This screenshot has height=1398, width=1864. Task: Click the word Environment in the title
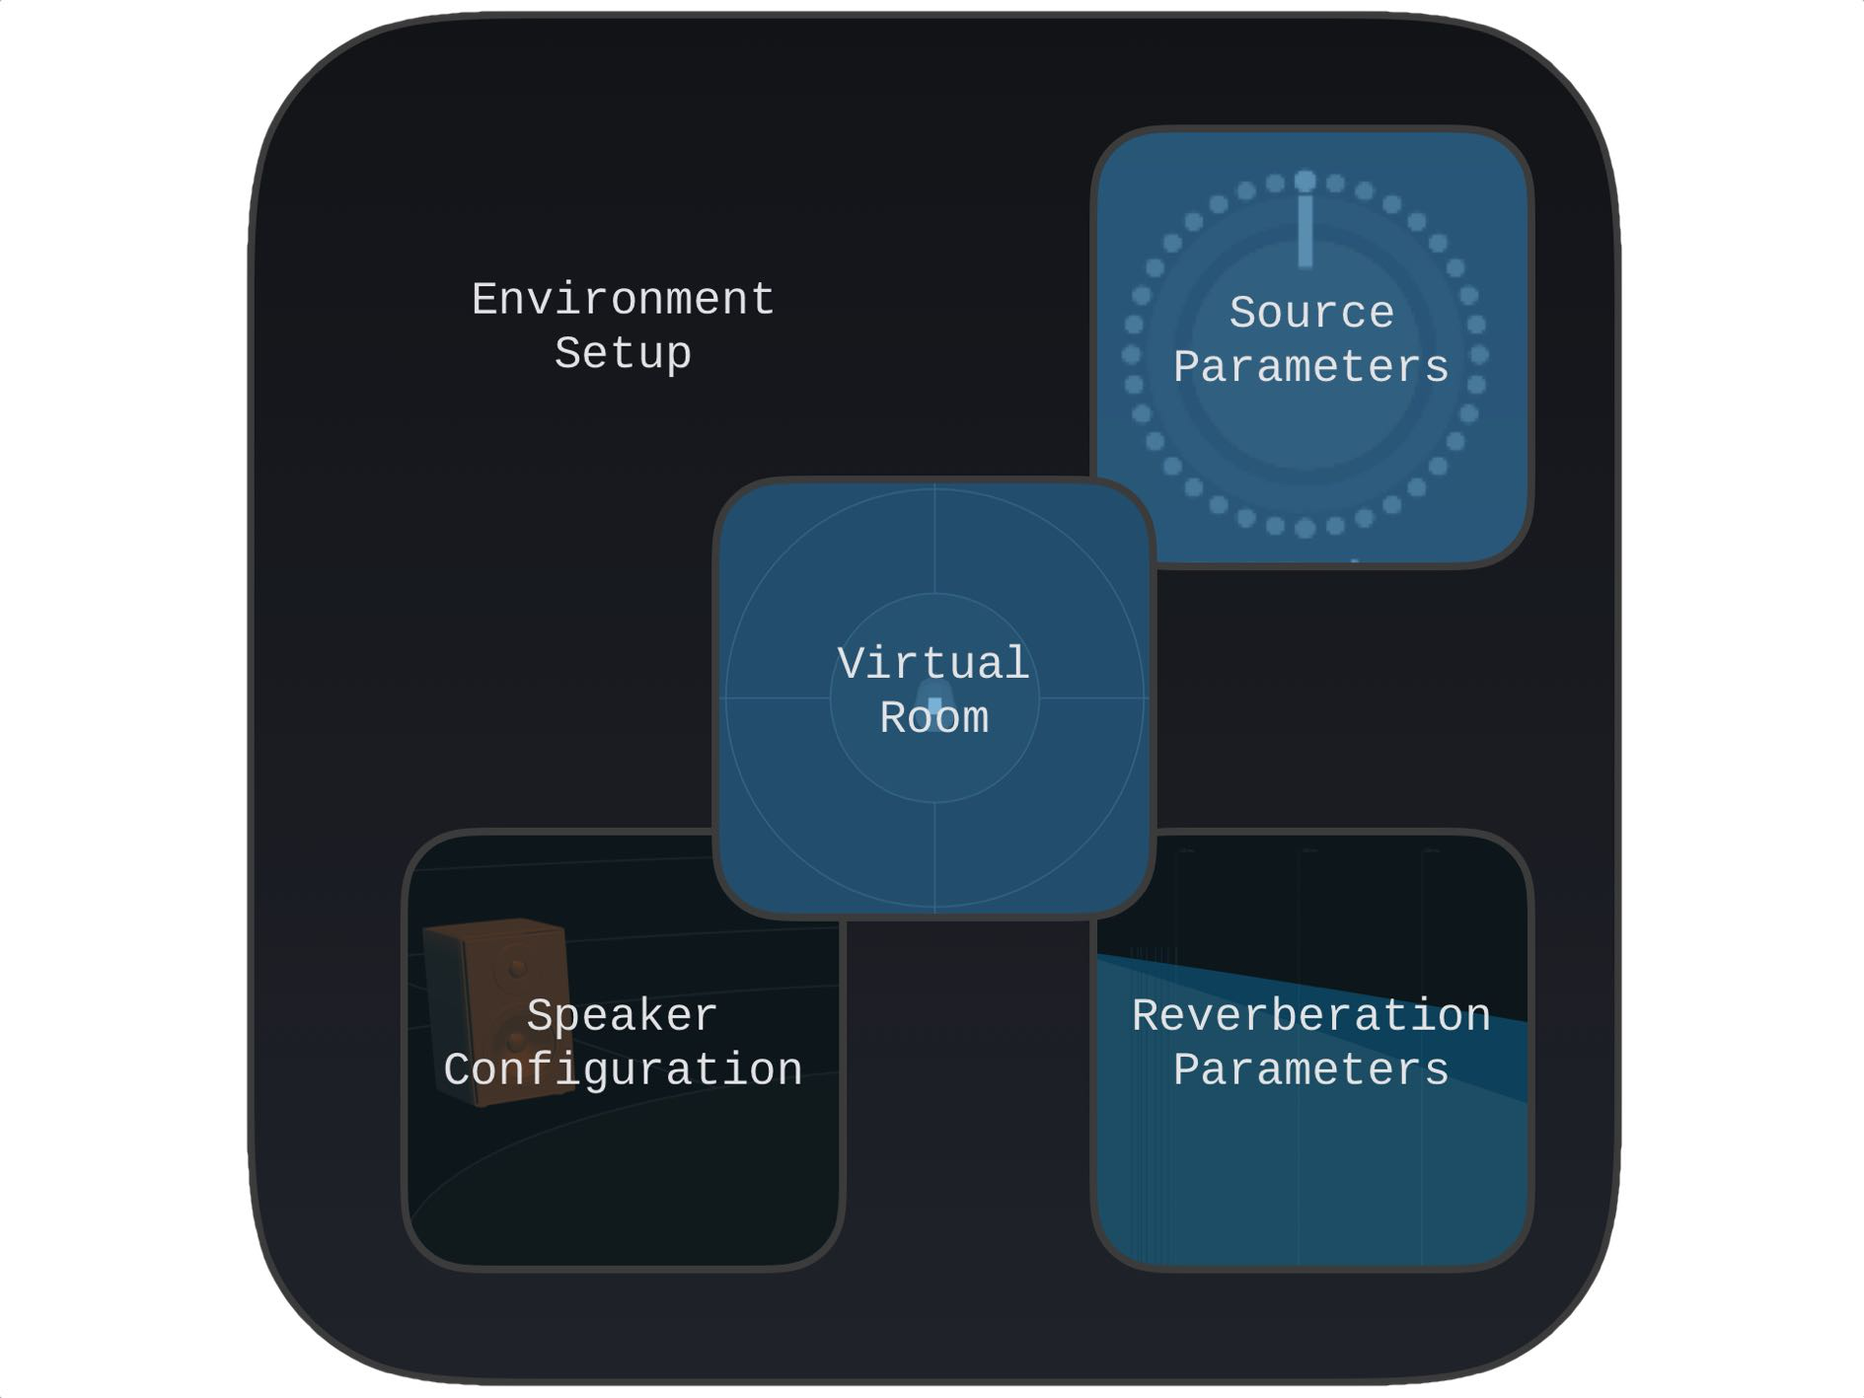click(x=623, y=299)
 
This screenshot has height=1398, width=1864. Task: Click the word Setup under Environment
click(x=623, y=353)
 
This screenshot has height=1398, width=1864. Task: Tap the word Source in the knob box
click(x=1311, y=313)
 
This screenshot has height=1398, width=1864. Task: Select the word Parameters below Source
click(x=1311, y=367)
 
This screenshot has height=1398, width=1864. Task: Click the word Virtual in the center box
click(x=933, y=663)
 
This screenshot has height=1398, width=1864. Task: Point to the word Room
click(x=933, y=717)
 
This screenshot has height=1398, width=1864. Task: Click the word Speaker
click(x=622, y=1015)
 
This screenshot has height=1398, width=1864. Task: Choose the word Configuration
click(x=623, y=1069)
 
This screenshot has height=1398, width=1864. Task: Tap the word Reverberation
click(x=1311, y=1015)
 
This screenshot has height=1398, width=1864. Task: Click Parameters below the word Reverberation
click(x=1311, y=1069)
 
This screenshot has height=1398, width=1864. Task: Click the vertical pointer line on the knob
click(x=1305, y=231)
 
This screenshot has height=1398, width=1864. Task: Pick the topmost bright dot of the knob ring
click(x=1305, y=181)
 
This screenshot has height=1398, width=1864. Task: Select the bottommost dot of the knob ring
click(x=1305, y=529)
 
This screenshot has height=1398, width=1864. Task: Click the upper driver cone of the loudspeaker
click(x=517, y=968)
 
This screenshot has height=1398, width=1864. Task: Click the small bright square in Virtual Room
click(x=934, y=704)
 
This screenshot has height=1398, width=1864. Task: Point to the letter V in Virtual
click(x=850, y=663)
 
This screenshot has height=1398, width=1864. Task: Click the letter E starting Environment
click(x=485, y=299)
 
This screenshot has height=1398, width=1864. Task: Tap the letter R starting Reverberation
click(x=1146, y=1015)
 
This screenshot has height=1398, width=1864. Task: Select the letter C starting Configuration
click(x=457, y=1069)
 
